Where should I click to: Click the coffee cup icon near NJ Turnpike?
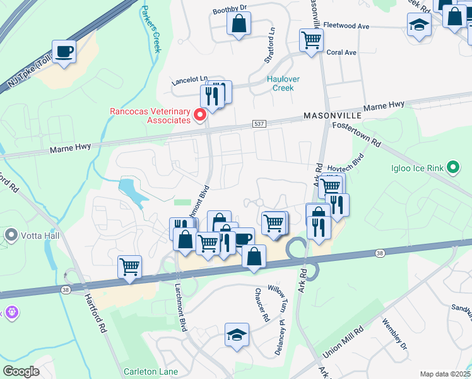click(64, 51)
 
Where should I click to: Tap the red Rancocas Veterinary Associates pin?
click(201, 114)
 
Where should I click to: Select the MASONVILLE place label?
click(333, 116)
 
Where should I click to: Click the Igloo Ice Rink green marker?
click(452, 167)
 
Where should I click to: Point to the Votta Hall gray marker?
click(11, 235)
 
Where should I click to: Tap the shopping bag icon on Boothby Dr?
click(239, 25)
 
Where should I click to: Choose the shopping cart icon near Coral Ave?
click(311, 40)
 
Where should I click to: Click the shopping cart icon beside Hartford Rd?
click(129, 266)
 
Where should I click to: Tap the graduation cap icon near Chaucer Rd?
click(237, 334)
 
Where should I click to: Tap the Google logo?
click(21, 371)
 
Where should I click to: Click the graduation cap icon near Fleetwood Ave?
click(418, 25)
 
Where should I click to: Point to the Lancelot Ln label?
click(190, 80)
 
